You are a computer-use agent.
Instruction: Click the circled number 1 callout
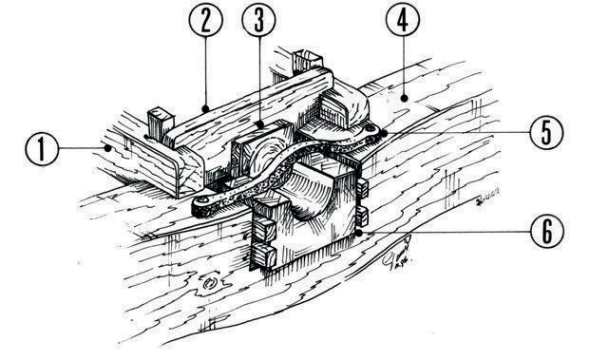point(42,149)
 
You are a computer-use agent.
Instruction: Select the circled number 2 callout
point(206,20)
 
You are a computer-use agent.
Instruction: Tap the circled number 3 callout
point(258,20)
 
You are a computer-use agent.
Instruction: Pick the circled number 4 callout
point(403,20)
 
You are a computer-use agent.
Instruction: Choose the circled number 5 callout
point(546,132)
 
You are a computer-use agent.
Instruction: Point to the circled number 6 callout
point(546,231)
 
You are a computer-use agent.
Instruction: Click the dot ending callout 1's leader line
point(108,148)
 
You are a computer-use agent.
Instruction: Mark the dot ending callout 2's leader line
point(205,109)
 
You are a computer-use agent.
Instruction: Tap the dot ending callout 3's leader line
point(260,123)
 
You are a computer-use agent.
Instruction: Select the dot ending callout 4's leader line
point(404,99)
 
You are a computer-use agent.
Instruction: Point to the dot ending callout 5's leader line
point(384,133)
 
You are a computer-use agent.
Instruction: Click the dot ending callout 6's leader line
point(359,234)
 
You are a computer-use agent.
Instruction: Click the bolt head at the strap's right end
point(371,129)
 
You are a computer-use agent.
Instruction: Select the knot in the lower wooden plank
point(210,283)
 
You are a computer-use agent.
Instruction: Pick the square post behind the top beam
point(308,61)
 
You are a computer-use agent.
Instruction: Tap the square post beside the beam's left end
point(161,123)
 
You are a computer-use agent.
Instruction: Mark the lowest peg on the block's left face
point(263,255)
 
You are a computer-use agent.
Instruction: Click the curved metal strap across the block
point(286,165)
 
